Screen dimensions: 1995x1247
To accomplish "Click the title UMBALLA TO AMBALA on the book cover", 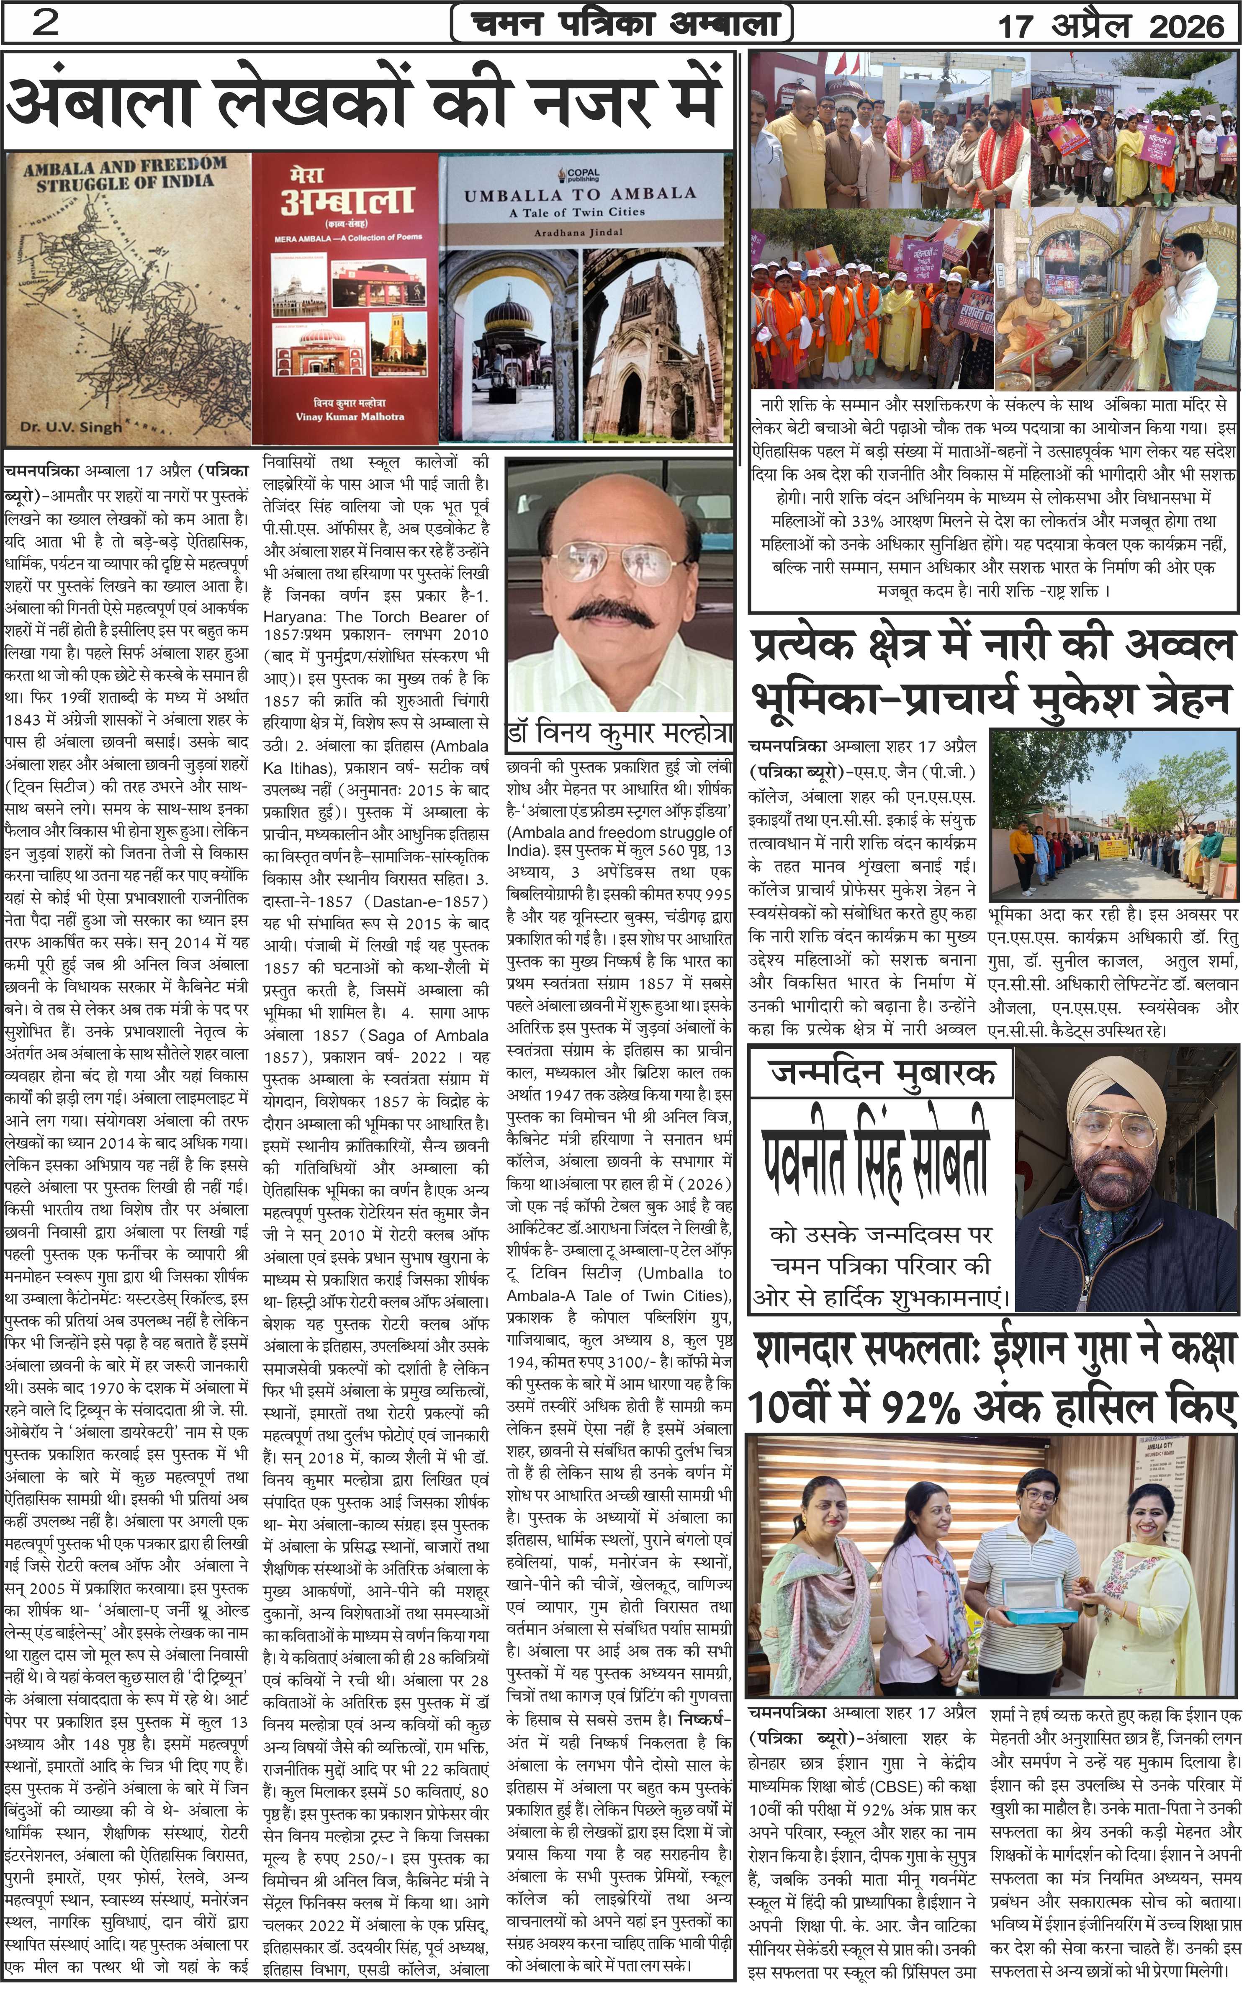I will click(580, 195).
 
